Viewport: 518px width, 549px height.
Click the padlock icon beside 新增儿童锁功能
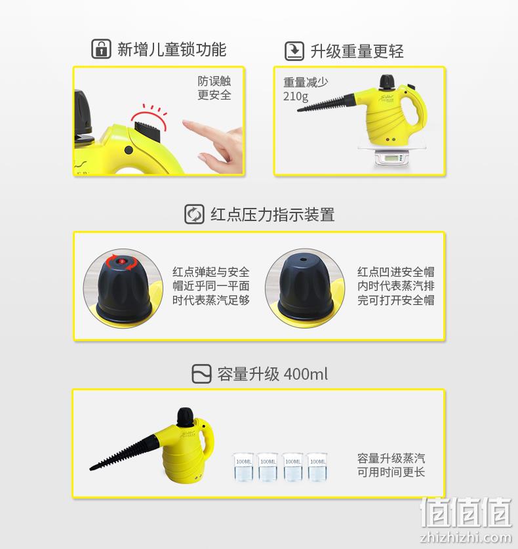coord(101,49)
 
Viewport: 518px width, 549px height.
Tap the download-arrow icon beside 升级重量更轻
coord(294,51)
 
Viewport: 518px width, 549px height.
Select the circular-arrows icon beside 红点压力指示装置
coord(194,214)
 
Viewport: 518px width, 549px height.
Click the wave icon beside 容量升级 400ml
coord(201,374)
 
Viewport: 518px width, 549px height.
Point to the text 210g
coord(296,96)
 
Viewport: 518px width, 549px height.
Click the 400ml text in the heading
coord(306,374)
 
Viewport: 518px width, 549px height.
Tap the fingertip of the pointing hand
coord(184,123)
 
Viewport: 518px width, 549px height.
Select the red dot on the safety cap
coord(122,261)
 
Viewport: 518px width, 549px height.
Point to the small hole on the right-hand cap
coord(304,260)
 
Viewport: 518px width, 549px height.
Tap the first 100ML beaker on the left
coord(243,467)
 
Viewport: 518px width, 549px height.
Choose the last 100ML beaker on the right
coord(317,467)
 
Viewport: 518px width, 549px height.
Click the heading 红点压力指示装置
coord(272,214)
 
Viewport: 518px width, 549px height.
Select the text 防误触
coord(214,81)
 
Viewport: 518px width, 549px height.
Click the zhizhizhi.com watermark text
coord(466,537)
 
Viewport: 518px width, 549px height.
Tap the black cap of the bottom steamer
coord(185,417)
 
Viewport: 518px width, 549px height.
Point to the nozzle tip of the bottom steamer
coord(92,468)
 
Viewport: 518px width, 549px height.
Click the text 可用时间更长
coord(391,472)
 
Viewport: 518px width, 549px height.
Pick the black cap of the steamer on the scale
coord(388,81)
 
